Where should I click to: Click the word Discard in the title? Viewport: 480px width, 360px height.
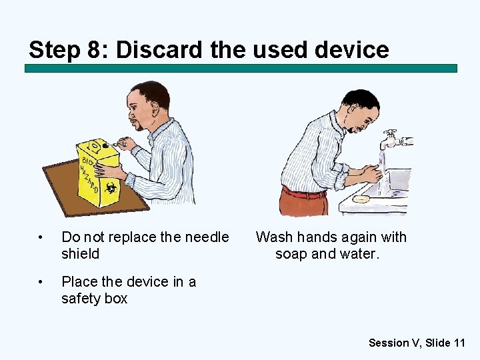coord(153,50)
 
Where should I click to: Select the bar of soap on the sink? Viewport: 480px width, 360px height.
coord(361,199)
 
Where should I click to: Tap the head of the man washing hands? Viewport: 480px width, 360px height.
coord(360,110)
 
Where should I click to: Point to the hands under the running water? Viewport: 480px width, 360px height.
coord(373,175)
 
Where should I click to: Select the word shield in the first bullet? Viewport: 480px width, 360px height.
coord(80,254)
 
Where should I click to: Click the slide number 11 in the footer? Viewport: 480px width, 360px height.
coord(459,343)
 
